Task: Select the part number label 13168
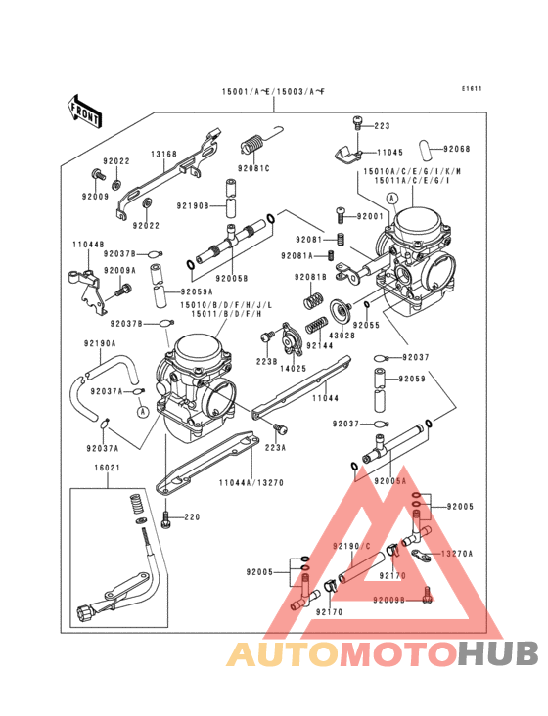[x=163, y=154]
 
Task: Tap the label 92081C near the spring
[x=253, y=168]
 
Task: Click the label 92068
[x=456, y=149]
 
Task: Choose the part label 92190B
[x=194, y=206]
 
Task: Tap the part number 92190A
[x=99, y=343]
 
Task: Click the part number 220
[x=192, y=516]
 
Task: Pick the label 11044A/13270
[x=251, y=482]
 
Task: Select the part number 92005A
[x=388, y=481]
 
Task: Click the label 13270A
[x=456, y=553]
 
